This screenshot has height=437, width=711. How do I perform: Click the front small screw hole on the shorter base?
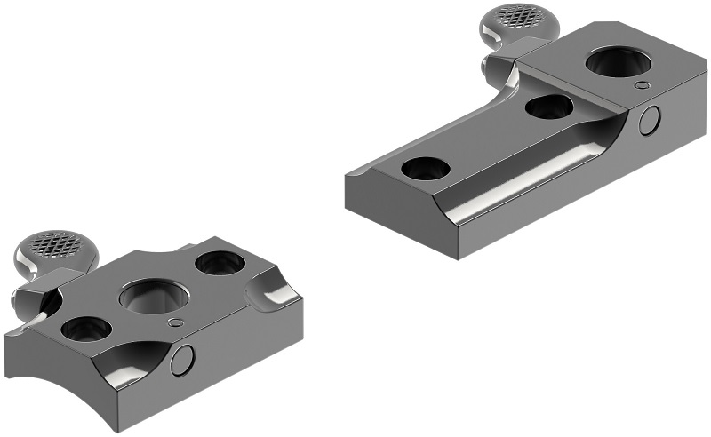86,329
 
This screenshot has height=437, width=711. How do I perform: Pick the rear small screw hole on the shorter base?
219,262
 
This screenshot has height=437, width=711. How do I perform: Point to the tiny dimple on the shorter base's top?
175,322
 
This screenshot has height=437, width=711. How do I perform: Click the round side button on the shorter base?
183,359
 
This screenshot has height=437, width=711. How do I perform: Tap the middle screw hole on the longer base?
548,107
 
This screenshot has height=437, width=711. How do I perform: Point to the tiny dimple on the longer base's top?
642,85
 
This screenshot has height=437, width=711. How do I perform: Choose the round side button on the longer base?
651,120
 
